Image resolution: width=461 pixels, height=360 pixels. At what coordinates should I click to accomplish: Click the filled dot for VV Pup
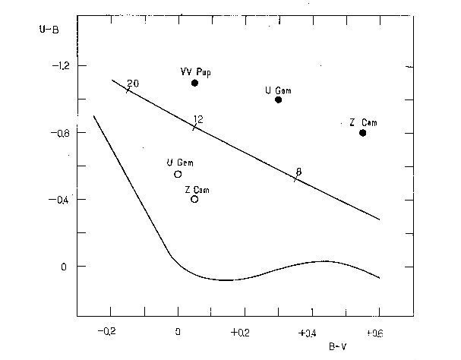point(194,83)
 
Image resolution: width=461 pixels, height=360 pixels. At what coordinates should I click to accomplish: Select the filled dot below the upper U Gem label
point(279,99)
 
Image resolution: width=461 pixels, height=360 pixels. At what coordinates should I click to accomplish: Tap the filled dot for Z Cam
point(363,133)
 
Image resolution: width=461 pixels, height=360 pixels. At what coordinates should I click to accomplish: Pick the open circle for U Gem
point(178,174)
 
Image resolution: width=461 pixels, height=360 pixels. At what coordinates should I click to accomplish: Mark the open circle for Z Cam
point(194,199)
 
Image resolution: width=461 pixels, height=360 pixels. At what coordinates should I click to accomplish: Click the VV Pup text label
point(194,71)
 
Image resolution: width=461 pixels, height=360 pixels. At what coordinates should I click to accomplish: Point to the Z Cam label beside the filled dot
point(363,122)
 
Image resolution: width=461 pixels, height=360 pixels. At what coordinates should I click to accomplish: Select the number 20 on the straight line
point(133,83)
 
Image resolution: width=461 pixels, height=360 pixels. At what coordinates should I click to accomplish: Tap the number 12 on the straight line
point(198,119)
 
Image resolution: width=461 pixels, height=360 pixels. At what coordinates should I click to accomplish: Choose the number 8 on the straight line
point(298,172)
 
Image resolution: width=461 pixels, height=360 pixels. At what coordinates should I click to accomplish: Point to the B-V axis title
point(338,346)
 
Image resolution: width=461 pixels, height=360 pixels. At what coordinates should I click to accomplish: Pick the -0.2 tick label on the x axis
point(109,332)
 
